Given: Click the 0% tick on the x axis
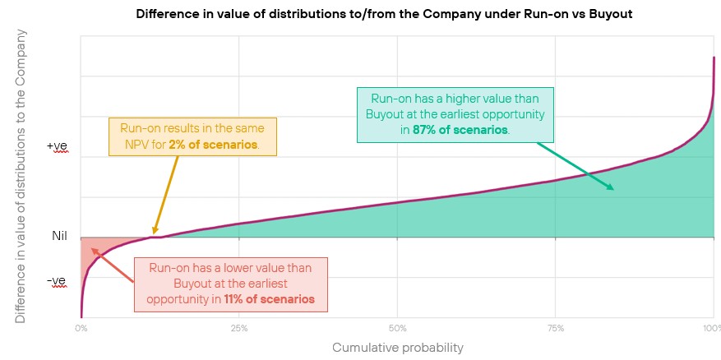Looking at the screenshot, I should click(81, 329).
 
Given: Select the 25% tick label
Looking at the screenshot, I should click(238, 329).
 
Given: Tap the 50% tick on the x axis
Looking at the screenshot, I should click(397, 329).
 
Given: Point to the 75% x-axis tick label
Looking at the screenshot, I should click(555, 329).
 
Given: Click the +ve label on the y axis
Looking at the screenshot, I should click(57, 145).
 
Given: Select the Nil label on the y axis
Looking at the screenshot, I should click(58, 237).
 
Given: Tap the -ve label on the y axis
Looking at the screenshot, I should click(57, 280).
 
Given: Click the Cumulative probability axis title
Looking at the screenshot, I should click(397, 348).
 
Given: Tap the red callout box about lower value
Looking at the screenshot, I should click(230, 284).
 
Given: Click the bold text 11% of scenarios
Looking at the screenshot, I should click(269, 299).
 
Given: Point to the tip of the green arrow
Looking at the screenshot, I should click(614, 189).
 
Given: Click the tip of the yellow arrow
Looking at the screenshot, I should click(153, 235).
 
